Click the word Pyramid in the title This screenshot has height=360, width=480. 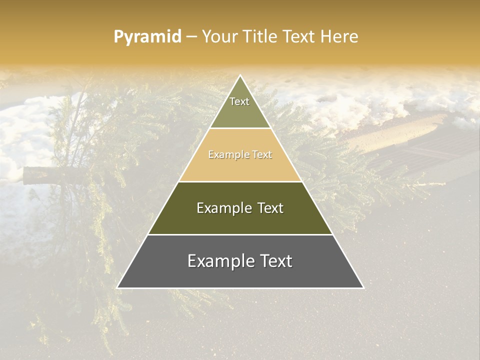pos(147,36)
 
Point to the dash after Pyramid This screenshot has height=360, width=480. pos(191,37)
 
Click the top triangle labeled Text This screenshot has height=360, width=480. pos(240,107)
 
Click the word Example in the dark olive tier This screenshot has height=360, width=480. pos(222,208)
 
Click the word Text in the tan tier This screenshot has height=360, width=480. pos(262,154)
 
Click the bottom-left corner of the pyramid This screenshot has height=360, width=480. pos(117,287)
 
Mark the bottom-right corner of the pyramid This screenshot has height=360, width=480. pos(363,287)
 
